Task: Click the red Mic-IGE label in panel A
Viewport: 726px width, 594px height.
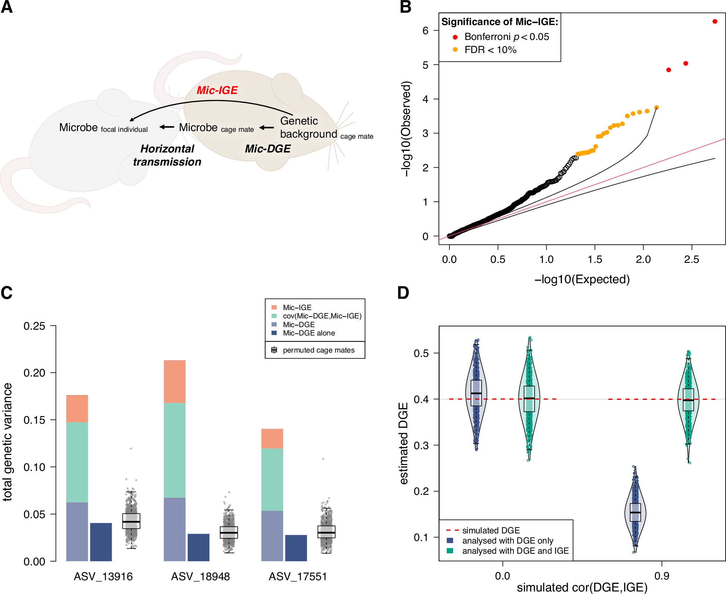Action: pos(217,90)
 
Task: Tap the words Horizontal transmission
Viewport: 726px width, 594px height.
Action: pos(167,155)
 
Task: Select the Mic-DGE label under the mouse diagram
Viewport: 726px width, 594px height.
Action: pos(268,148)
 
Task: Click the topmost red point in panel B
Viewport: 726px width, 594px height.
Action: pos(715,21)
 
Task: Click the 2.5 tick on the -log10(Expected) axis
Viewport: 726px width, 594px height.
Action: pos(692,259)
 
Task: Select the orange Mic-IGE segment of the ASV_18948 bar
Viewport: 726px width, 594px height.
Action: pos(175,381)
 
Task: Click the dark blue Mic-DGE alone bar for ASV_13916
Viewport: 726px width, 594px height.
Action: pos(101,542)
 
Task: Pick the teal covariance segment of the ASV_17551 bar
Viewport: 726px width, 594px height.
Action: pos(272,479)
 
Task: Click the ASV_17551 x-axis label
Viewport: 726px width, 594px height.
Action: pos(298,577)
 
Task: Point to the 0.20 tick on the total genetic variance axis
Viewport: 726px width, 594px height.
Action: pos(34,373)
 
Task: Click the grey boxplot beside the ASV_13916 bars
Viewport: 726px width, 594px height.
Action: pos(131,521)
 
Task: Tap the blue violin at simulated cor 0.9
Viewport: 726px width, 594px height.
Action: pos(635,512)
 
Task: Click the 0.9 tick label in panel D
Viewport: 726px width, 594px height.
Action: pos(661,576)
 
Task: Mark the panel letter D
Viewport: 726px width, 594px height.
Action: pos(403,293)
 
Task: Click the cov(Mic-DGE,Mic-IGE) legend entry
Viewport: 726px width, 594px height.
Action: pos(322,316)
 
